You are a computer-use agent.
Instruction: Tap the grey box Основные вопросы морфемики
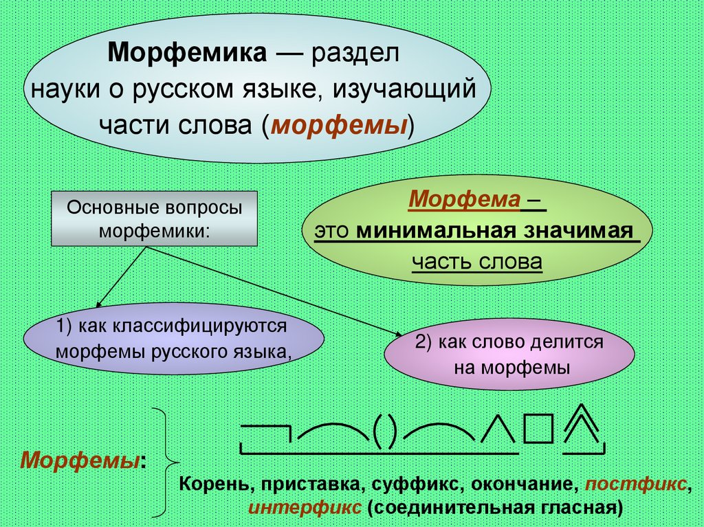coord(154,218)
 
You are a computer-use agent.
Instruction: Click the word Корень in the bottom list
coord(210,484)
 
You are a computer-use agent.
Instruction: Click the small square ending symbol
coord(538,429)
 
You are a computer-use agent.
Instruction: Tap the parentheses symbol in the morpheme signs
coord(386,430)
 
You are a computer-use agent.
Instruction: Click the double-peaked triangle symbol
coord(582,426)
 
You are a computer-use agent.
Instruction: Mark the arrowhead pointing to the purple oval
coord(98,305)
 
